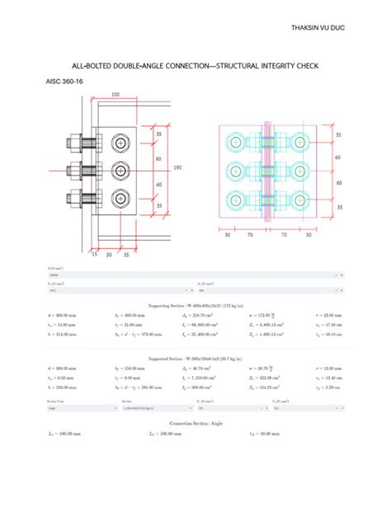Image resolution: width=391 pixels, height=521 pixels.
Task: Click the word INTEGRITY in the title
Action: click(254, 64)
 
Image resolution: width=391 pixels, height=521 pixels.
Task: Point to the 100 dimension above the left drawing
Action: click(115, 95)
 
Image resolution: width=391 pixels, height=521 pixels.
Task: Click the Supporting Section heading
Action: click(195, 305)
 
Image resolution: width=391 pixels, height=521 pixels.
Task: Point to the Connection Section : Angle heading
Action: click(195, 421)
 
